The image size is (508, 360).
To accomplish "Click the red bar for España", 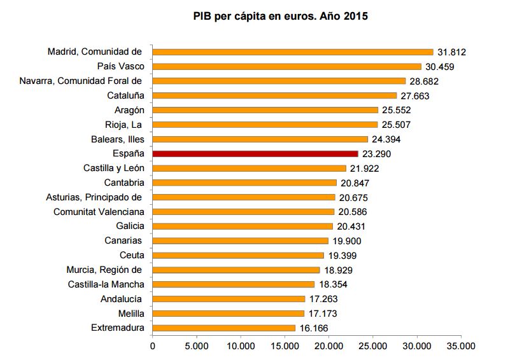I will (255, 154).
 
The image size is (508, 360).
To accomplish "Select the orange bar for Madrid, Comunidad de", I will (293, 52).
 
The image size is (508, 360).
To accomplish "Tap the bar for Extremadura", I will (223, 328).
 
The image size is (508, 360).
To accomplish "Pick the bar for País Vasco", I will (286, 66).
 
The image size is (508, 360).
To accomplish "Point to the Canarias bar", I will (240, 241).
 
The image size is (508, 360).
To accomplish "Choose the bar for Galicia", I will (243, 226).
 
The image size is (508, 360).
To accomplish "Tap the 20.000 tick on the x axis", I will (328, 347).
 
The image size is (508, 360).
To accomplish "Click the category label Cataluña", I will (126, 95).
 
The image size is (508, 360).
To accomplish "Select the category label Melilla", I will (131, 314).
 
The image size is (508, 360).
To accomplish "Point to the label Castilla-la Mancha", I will (106, 284).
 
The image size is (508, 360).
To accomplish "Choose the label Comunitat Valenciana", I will (99, 212).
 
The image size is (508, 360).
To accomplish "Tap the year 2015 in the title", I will (355, 16).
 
